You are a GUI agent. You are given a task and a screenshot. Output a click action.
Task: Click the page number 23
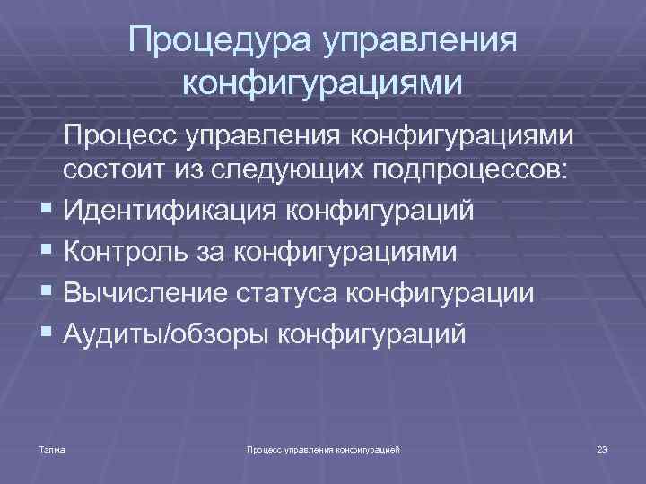[x=602, y=447]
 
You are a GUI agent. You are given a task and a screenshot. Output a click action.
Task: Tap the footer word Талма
[x=53, y=447]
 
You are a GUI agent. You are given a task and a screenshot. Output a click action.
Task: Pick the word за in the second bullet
[x=211, y=253]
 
